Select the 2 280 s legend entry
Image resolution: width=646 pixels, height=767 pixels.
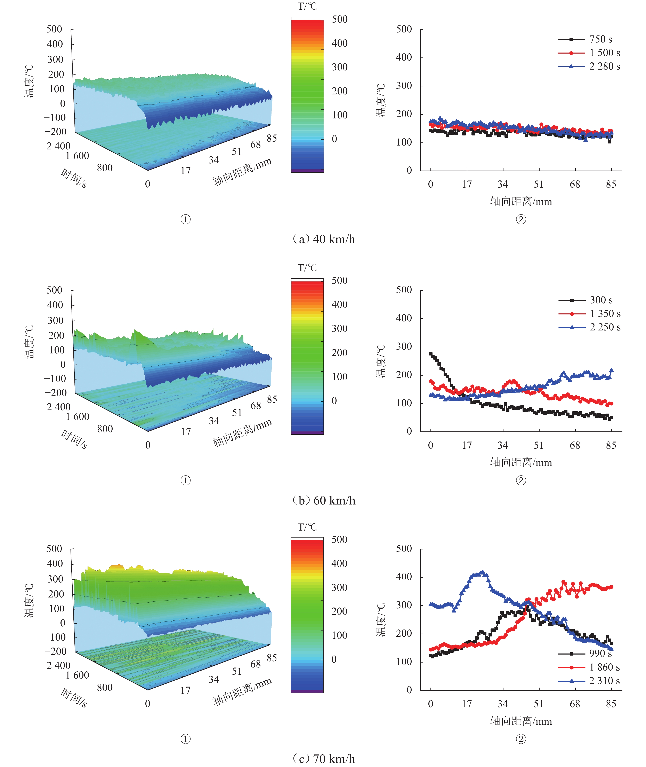coord(589,66)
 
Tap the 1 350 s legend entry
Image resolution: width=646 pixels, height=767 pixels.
coord(590,314)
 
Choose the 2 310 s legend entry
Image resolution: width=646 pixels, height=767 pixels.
coord(589,681)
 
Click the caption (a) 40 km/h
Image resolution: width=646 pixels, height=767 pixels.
coord(324,239)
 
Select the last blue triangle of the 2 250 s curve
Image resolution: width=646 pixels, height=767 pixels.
coord(611,370)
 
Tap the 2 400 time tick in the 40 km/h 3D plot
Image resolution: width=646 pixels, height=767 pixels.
coord(59,146)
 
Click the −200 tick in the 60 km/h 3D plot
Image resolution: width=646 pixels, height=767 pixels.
coord(56,392)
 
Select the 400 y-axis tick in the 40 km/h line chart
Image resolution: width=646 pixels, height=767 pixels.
coord(404,57)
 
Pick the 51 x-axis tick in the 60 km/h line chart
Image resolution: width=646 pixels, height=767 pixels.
coord(539,445)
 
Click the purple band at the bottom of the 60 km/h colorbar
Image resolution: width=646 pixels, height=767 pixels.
coord(307,433)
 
